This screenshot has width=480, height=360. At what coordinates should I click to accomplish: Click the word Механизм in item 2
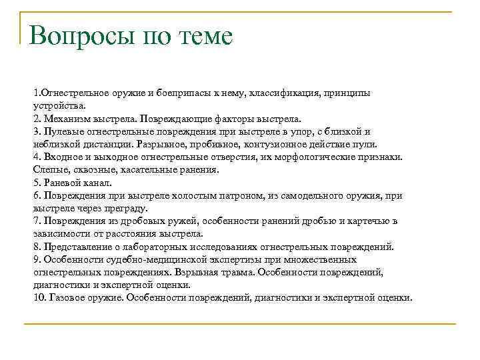click(x=65, y=119)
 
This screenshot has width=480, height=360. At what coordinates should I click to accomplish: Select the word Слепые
click(x=49, y=170)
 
